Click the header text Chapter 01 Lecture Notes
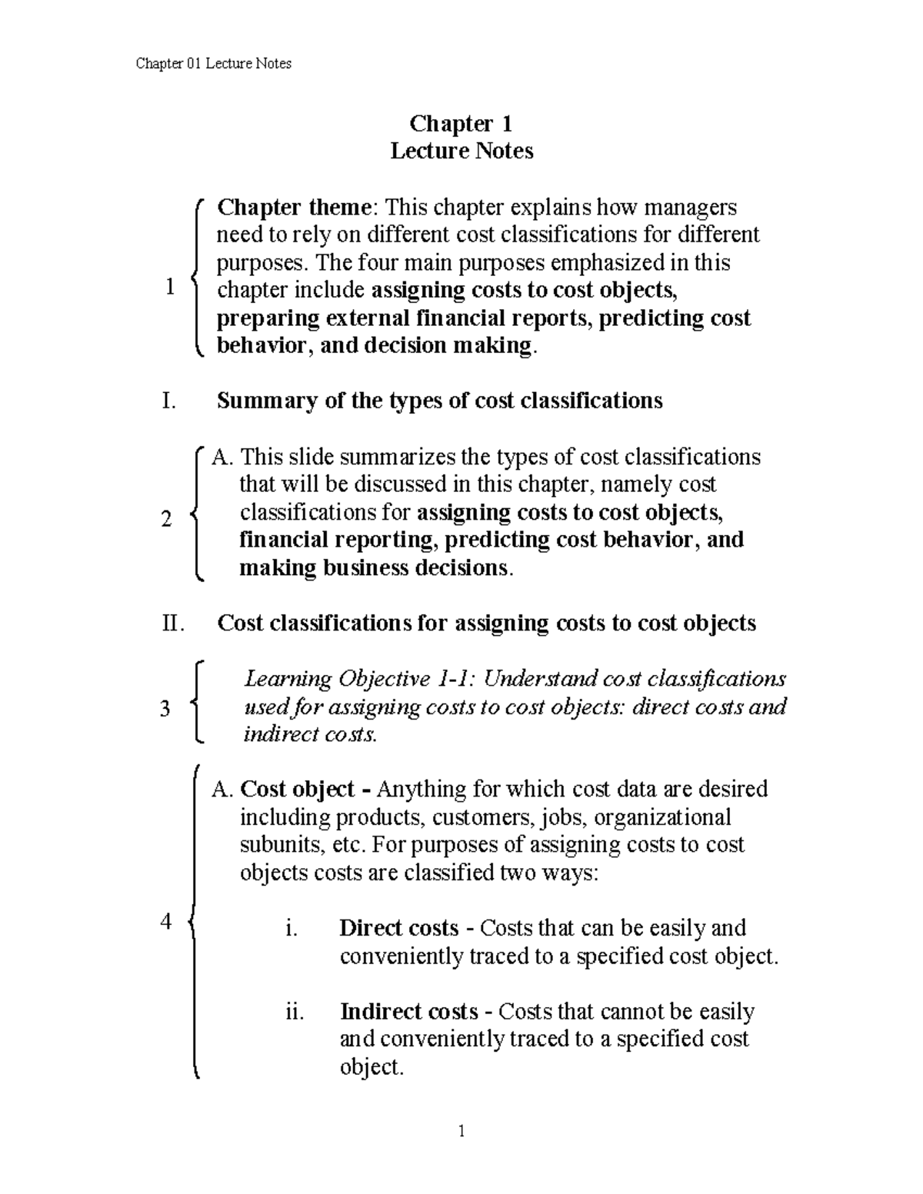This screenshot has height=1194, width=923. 213,64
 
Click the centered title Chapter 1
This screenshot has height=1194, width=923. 461,124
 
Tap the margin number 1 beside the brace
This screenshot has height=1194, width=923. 170,288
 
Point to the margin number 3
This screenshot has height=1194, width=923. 165,708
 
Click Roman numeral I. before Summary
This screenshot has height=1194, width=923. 168,401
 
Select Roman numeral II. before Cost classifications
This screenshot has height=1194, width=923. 174,624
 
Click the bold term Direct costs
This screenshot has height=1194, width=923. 398,929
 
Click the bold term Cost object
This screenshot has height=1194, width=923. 298,790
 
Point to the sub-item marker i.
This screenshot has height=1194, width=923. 290,929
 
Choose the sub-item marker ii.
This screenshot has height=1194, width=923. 294,1012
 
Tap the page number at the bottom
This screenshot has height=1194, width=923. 461,1131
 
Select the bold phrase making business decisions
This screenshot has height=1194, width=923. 373,568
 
